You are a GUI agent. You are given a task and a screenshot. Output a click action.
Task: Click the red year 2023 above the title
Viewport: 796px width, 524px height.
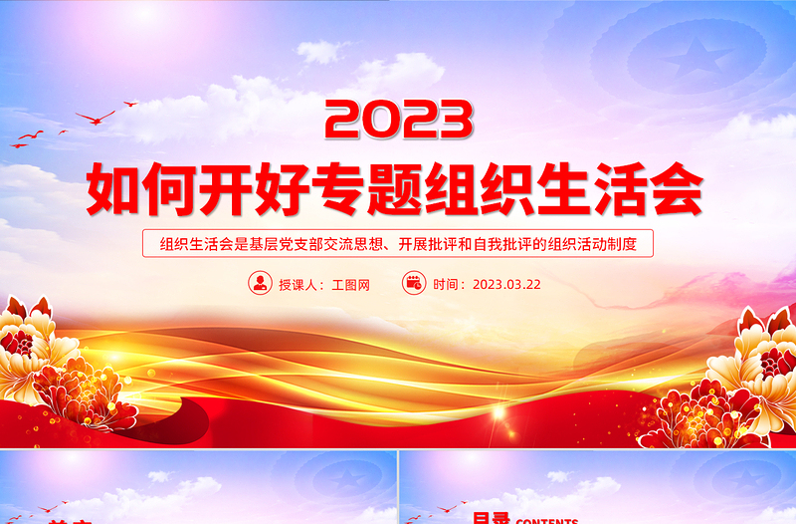tap(398, 119)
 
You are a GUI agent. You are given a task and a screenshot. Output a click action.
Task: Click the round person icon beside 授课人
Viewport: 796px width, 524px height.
tap(260, 283)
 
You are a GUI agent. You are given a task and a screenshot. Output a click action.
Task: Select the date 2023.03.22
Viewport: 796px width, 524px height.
tap(506, 284)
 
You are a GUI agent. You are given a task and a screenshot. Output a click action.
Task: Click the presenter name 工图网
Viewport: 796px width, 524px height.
tap(350, 284)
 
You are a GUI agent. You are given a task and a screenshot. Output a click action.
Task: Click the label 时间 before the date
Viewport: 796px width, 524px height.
tap(448, 284)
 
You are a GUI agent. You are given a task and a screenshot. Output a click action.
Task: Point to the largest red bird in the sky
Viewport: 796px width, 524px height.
tap(95, 118)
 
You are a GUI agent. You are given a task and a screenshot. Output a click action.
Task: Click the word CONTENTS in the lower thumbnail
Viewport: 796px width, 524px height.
tap(547, 520)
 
